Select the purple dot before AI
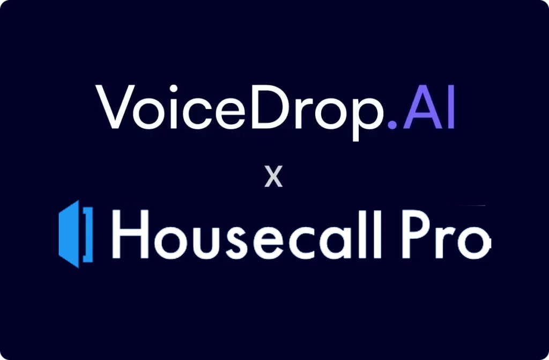[391, 124]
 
